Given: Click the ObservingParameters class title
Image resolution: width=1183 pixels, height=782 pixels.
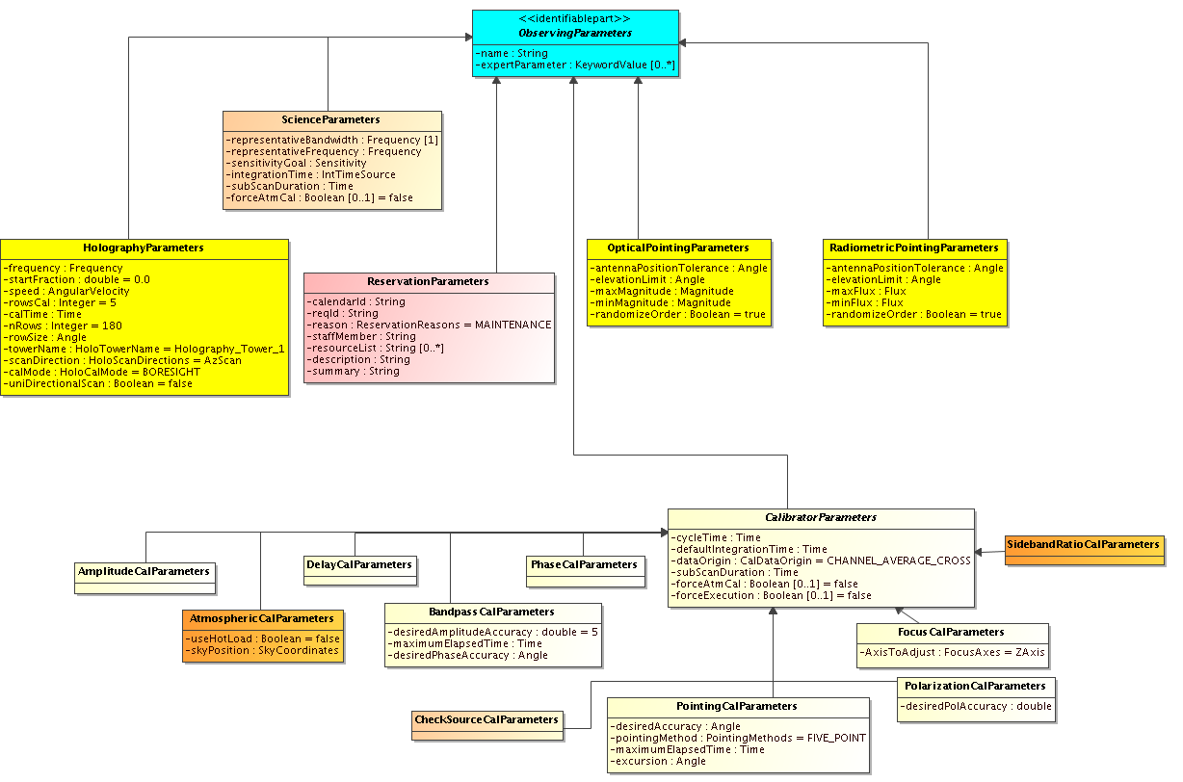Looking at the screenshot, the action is [575, 33].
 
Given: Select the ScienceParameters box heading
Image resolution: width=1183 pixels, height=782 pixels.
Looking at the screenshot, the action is [330, 119].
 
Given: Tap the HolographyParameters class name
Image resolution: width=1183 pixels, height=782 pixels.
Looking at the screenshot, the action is [144, 248].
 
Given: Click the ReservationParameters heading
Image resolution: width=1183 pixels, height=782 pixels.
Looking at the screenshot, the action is [428, 281].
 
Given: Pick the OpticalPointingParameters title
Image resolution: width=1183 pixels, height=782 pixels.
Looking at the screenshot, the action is [678, 248].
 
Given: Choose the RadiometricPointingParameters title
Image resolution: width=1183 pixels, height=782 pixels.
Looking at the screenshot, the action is [914, 248].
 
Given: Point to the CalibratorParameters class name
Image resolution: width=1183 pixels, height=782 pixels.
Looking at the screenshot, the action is [821, 517].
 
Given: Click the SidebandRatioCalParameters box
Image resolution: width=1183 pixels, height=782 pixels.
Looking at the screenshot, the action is [1085, 550].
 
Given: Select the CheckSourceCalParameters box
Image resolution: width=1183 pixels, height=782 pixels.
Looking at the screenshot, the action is [486, 725].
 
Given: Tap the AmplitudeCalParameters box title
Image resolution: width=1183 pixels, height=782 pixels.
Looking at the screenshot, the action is [144, 571].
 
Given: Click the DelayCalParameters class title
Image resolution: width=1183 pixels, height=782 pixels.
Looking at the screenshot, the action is [359, 564].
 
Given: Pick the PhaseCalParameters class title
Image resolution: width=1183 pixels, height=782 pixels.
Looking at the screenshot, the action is [584, 564].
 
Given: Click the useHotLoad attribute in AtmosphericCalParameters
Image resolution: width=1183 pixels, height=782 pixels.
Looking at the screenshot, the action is [262, 639].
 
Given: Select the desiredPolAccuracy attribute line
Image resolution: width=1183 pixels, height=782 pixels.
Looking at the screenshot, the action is [976, 707].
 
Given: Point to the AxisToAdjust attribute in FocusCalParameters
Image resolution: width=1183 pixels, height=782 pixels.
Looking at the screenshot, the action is [952, 653].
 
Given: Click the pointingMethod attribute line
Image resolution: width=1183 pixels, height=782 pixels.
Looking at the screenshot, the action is [738, 738].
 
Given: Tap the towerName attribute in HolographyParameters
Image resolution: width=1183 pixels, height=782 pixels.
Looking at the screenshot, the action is [145, 349].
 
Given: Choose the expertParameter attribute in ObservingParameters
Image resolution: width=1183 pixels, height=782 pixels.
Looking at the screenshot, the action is [575, 65].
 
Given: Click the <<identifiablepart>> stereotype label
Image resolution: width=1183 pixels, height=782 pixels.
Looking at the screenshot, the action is [574, 19].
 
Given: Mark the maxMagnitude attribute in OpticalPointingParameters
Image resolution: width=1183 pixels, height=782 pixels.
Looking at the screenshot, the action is [662, 292].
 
